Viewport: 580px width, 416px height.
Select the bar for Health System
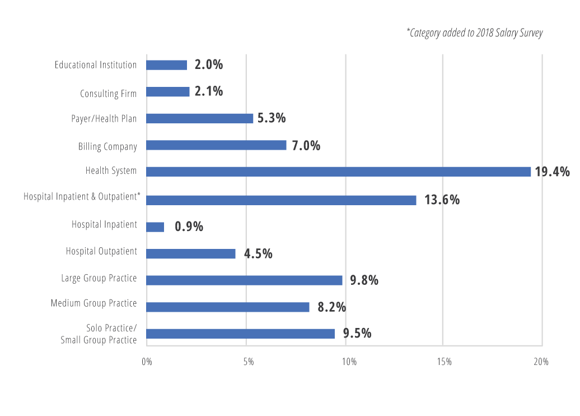pyautogui.click(x=339, y=172)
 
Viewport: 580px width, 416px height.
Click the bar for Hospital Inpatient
pyautogui.click(x=155, y=227)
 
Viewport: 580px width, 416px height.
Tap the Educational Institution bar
pyautogui.click(x=166, y=65)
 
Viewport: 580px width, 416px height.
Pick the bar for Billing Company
pyautogui.click(x=216, y=145)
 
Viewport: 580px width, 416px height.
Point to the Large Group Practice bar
pyautogui.click(x=244, y=280)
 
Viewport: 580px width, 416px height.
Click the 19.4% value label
pyautogui.click(x=552, y=172)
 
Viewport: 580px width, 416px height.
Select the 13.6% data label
pyautogui.click(x=442, y=200)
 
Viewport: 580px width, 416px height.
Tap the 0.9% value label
pyautogui.click(x=189, y=227)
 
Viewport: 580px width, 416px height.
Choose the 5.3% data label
pyautogui.click(x=272, y=118)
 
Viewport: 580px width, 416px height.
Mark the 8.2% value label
pyautogui.click(x=332, y=307)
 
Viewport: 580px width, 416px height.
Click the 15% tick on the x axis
pyautogui.click(x=445, y=362)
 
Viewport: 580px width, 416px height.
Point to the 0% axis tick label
pyautogui.click(x=147, y=362)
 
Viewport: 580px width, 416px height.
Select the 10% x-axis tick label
pyautogui.click(x=349, y=362)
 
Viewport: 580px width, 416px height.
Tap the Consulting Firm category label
pyautogui.click(x=109, y=94)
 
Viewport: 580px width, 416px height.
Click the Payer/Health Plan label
pyautogui.click(x=104, y=118)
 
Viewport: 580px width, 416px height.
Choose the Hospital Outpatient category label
pyautogui.click(x=101, y=251)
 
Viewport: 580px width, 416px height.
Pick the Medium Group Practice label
pyautogui.click(x=93, y=303)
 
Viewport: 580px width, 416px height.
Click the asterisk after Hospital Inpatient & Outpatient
pyautogui.click(x=139, y=194)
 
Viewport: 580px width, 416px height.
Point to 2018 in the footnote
pyautogui.click(x=485, y=33)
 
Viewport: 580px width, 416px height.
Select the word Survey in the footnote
pyautogui.click(x=531, y=33)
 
